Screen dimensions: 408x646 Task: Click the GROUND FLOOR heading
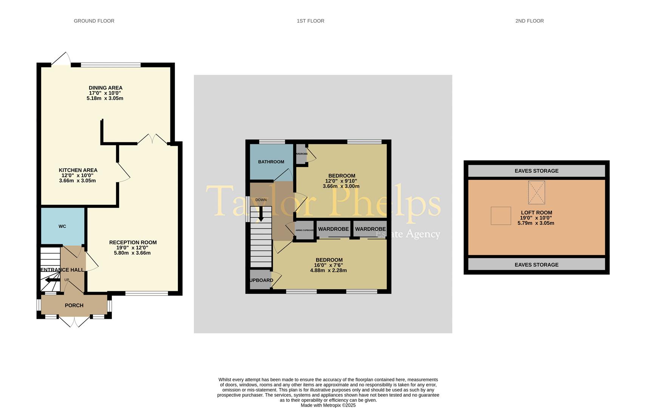pos(94,21)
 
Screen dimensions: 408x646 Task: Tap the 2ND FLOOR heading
pos(529,21)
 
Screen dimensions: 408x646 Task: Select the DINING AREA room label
pos(105,88)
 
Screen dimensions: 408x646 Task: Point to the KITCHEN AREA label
pos(78,170)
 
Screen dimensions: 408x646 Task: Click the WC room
pos(62,226)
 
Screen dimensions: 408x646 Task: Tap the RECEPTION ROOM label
pos(133,243)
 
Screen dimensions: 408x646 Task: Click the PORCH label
pos(74,305)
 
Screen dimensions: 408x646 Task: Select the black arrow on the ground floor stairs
pos(52,280)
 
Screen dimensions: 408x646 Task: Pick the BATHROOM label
pos(271,162)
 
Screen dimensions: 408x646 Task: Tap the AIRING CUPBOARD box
pos(304,230)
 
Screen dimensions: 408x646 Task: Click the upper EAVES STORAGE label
pos(536,171)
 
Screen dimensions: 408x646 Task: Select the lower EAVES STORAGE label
pos(536,265)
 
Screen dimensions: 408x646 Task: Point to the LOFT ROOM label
pos(536,213)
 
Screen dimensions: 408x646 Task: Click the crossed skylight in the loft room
pos(536,192)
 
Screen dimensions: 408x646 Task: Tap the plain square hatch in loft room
pos(501,216)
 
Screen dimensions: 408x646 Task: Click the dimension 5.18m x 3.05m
pos(105,98)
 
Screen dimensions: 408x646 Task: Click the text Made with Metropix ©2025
pos(328,405)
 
